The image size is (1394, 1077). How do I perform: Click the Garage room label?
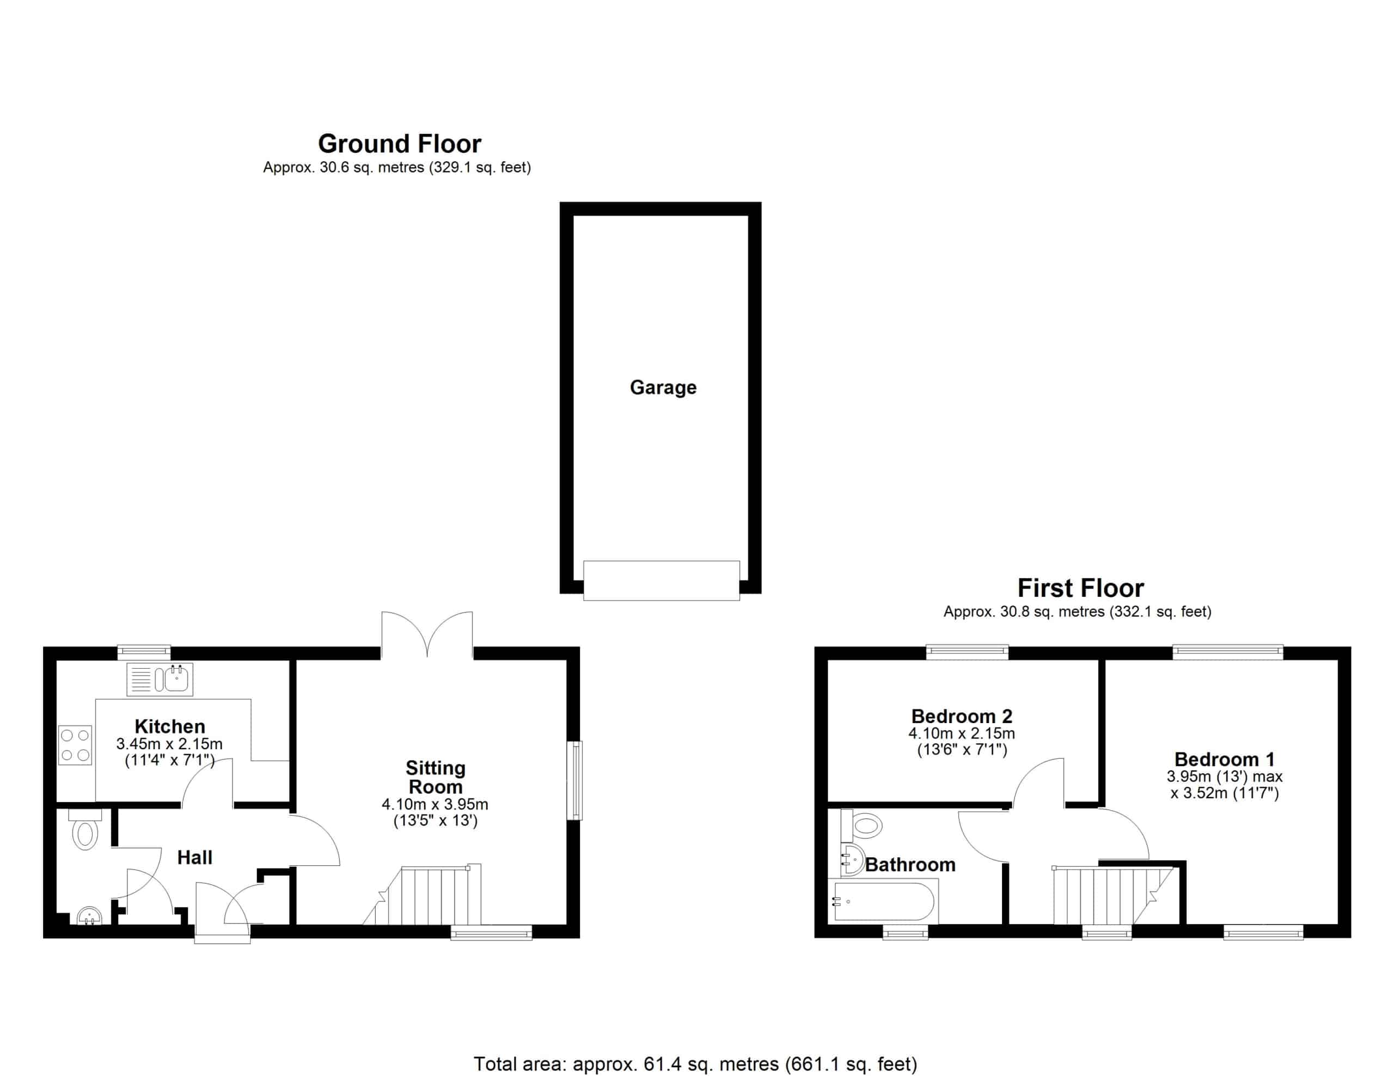click(x=663, y=388)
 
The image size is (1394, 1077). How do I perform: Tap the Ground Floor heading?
click(x=400, y=144)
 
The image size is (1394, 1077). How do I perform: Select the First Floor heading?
click(x=1080, y=588)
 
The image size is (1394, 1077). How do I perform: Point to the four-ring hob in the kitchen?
click(x=75, y=745)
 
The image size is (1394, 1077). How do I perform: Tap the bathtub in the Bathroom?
click(x=883, y=902)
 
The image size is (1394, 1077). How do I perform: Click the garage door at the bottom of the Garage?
click(x=661, y=580)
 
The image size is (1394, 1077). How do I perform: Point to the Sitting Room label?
click(x=435, y=777)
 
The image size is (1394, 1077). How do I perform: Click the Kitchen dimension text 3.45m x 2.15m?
click(x=169, y=744)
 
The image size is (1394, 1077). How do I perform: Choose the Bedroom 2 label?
click(x=961, y=717)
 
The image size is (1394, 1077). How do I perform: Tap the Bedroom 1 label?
click(x=1224, y=759)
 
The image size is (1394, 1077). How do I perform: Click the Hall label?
click(x=195, y=858)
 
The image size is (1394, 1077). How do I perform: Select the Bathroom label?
click(x=910, y=865)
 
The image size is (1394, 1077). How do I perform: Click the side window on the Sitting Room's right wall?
click(x=574, y=780)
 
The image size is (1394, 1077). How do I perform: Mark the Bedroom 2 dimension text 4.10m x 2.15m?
click(x=961, y=733)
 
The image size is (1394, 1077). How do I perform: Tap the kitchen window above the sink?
click(x=144, y=652)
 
